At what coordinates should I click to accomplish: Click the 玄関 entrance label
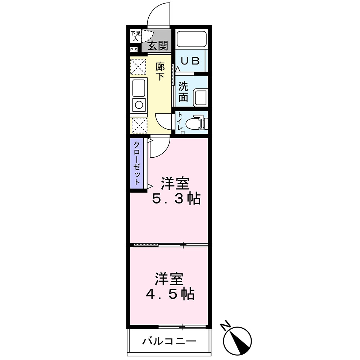tap(158, 46)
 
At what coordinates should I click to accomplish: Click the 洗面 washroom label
tap(183, 92)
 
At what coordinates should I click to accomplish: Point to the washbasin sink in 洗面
tap(200, 98)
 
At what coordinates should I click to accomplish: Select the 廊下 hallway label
tap(160, 71)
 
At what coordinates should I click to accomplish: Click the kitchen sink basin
tap(139, 87)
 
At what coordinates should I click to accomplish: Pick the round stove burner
tap(139, 105)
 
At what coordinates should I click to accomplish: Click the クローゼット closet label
tap(137, 164)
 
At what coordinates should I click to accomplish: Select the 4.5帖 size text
tap(170, 294)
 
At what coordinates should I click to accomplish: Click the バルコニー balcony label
tap(169, 341)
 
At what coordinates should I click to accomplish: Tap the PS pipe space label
tap(134, 50)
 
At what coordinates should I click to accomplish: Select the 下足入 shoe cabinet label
tap(135, 36)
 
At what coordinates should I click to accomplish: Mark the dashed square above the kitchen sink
tap(139, 67)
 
